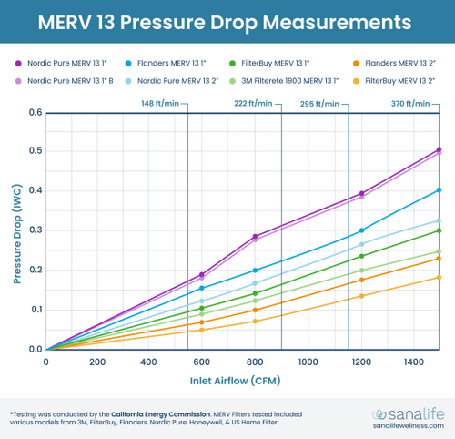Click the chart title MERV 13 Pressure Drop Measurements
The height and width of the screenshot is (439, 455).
click(227, 19)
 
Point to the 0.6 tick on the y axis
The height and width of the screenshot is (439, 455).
click(34, 113)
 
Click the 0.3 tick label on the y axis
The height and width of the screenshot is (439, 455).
click(34, 230)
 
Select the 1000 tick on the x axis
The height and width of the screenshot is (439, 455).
click(308, 361)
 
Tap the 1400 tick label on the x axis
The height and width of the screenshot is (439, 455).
click(413, 361)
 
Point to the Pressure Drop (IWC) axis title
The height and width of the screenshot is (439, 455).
click(15, 230)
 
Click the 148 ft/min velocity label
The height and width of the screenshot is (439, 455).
click(159, 105)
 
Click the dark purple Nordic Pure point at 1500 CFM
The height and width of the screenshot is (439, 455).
click(440, 149)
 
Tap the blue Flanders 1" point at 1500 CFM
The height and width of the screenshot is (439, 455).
click(440, 190)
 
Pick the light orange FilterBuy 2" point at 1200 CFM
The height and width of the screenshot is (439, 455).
click(361, 296)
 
